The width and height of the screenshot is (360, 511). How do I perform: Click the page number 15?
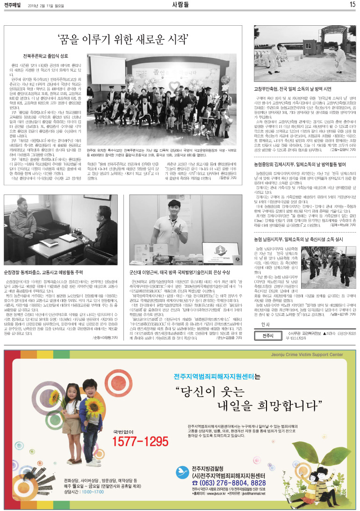point(352,5)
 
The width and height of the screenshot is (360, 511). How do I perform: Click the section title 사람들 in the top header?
point(180,5)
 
